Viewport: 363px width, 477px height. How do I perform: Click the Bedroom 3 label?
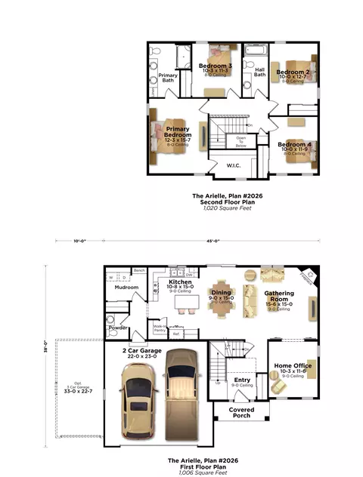[215, 66]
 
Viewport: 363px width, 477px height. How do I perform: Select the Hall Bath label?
[259, 72]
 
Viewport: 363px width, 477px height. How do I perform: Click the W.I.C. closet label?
[234, 165]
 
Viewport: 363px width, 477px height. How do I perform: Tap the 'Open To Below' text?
[241, 140]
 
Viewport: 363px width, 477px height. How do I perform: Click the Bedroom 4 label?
[293, 143]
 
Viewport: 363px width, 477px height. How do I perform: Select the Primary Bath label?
[168, 77]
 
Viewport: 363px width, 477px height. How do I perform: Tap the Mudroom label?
[126, 287]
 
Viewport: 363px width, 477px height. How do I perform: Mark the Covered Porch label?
[241, 412]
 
